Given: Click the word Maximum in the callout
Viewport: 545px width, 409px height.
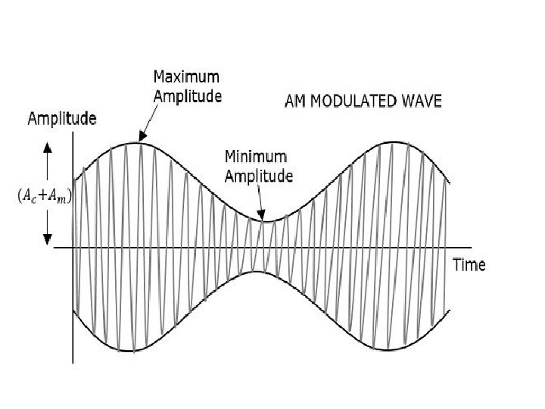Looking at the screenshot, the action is tap(187, 77).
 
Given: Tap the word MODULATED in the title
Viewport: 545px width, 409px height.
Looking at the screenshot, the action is tap(351, 100).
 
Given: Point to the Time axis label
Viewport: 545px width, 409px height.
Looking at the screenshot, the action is tap(469, 265).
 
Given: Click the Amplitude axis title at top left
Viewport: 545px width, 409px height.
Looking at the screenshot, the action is tap(62, 118).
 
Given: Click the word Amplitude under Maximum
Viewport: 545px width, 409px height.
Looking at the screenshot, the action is tap(187, 96).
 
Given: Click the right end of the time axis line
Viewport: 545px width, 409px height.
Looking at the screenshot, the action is tap(471, 247).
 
